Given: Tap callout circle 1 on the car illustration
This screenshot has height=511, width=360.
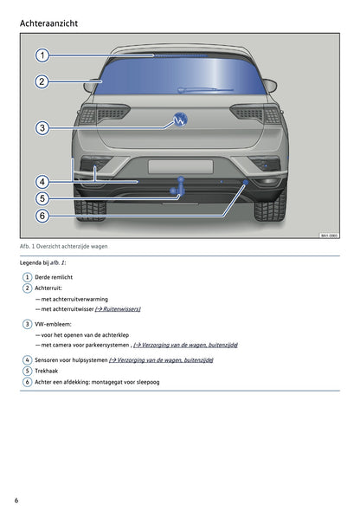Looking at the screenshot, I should (x=42, y=55).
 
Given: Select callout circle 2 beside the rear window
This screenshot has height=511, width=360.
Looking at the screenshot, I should (x=42, y=82).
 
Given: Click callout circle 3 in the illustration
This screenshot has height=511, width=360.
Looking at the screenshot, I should (x=42, y=128).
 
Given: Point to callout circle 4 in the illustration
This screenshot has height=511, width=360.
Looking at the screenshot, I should (x=42, y=182).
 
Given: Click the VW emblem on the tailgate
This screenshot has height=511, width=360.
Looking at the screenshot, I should (x=181, y=120).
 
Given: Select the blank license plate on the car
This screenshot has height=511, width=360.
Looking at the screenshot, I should (x=180, y=166).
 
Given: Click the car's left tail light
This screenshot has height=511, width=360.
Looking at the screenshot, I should (x=112, y=113).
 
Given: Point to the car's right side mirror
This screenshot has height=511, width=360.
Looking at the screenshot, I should (x=270, y=85).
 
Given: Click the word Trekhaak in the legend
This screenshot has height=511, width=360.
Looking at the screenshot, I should (x=49, y=370).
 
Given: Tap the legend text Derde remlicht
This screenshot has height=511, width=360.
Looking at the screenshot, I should (x=59, y=276).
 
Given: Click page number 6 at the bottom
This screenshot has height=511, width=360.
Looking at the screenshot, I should (x=16, y=501).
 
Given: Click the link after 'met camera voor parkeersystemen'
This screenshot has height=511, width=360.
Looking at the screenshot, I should (x=185, y=345).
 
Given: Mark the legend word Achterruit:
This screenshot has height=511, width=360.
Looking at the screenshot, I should (x=49, y=288).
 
